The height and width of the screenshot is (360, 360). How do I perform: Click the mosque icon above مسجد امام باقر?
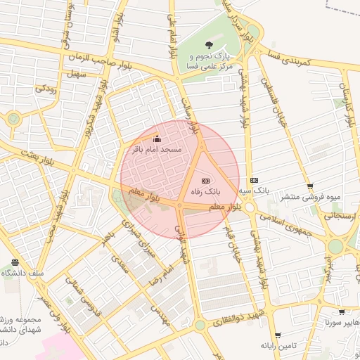[x=156, y=139]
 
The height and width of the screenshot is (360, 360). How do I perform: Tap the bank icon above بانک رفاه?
[x=205, y=180]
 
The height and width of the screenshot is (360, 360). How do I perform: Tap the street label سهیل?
[x=75, y=74]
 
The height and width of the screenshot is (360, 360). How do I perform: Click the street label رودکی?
[x=46, y=89]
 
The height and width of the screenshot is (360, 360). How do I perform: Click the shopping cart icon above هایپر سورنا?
[x=340, y=312]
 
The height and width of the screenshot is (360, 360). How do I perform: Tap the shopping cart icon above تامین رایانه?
[x=280, y=335]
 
